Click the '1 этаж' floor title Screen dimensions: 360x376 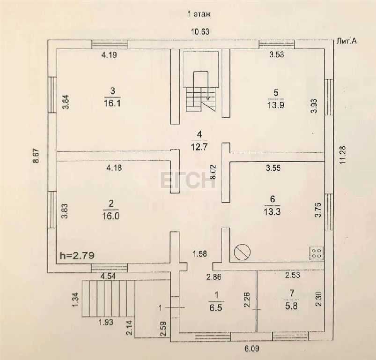click(x=199, y=14)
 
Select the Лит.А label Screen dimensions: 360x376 click(x=347, y=41)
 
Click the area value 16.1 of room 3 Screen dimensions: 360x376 click(x=113, y=104)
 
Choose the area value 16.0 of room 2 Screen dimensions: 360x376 click(x=111, y=216)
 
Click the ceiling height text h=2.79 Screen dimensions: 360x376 click(x=77, y=255)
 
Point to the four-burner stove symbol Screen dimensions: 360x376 click(x=317, y=253)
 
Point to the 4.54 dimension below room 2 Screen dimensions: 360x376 click(x=108, y=277)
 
